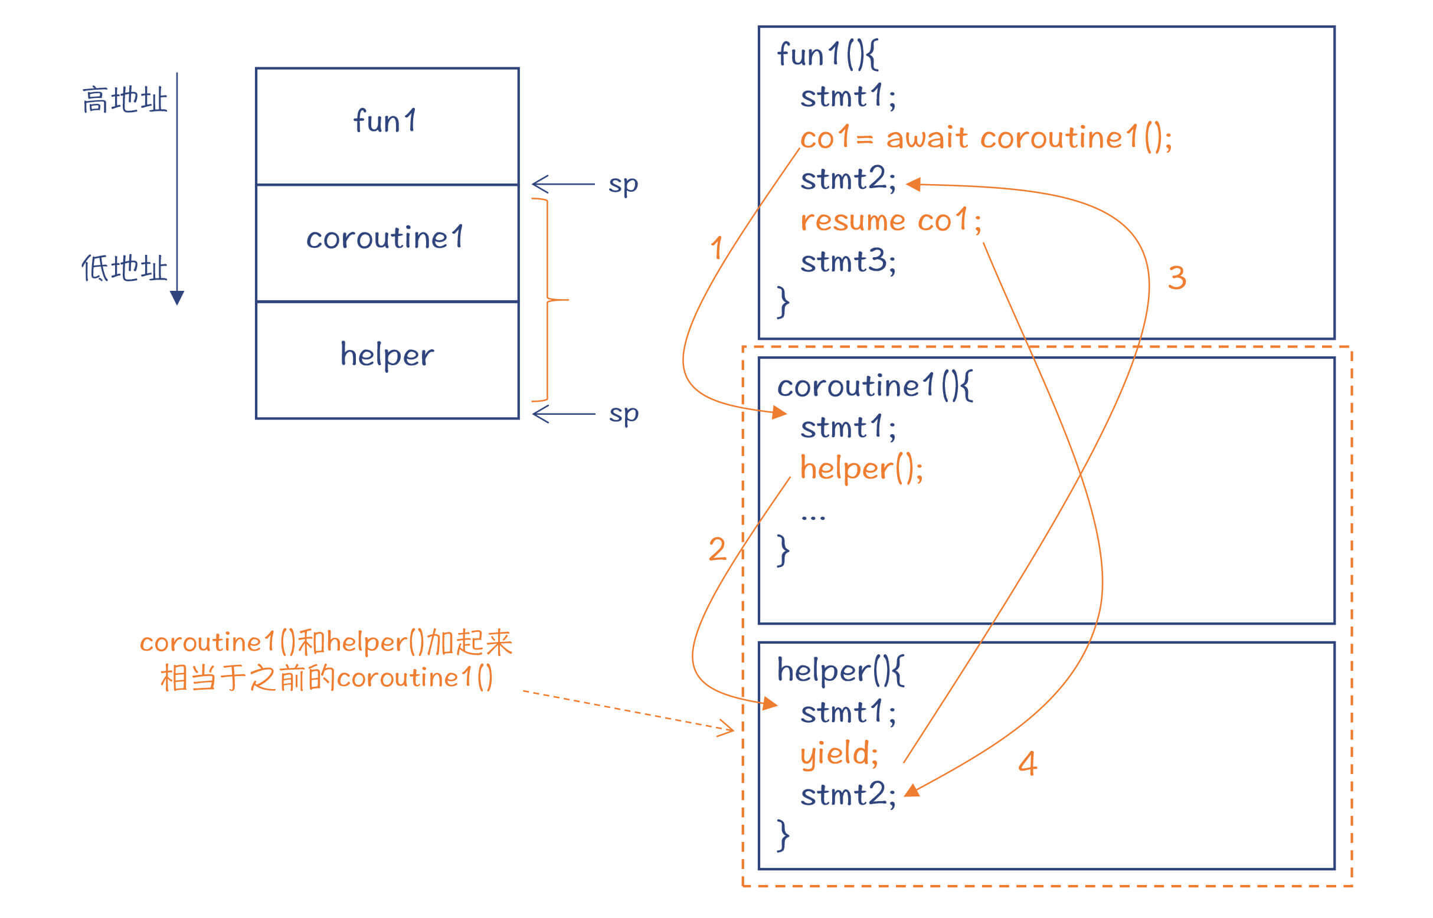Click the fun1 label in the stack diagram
coord(385,120)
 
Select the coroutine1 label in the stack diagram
coord(385,237)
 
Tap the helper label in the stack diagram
coord(387,355)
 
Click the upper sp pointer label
coord(623,183)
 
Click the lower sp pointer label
coord(623,413)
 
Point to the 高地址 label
coord(125,100)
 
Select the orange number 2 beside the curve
coord(718,549)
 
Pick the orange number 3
coord(1177,278)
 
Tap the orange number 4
coord(1028,763)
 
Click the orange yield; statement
coord(839,754)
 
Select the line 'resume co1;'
coord(890,221)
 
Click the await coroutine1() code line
coord(985,137)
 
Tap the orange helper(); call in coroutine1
coord(861,468)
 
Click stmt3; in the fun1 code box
coord(848,262)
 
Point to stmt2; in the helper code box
coord(848,795)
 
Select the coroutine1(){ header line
coord(874,386)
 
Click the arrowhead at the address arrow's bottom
coord(177,297)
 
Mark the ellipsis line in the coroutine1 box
coord(813,516)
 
